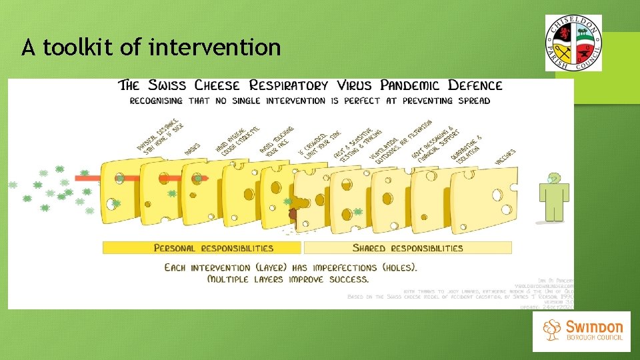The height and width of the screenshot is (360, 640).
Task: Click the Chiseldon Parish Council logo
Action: coord(573,43)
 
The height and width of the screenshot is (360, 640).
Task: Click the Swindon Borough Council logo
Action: coord(581,331)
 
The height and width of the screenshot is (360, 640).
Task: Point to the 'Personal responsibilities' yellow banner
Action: coord(201,248)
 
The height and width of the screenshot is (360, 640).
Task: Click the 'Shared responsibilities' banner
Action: coord(407,248)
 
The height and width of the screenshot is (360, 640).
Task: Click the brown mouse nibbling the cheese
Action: coord(293,214)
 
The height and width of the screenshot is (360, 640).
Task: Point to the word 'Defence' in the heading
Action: coord(475,85)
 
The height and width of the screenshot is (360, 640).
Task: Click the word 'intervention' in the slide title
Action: coord(215,48)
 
